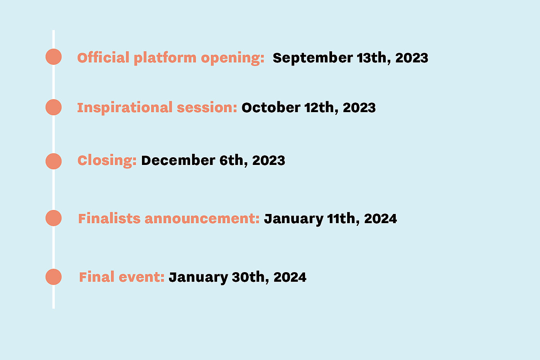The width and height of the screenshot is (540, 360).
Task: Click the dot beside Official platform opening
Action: click(x=54, y=57)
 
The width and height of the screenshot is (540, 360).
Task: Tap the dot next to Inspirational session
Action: click(x=54, y=107)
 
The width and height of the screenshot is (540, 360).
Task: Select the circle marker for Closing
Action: click(x=54, y=161)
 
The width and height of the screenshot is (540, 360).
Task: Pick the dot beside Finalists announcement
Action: click(x=54, y=218)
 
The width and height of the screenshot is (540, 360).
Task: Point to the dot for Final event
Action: click(x=54, y=277)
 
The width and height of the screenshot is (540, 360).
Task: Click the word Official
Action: click(x=103, y=57)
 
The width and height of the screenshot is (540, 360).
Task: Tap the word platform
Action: click(x=165, y=58)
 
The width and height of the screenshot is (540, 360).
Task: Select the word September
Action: click(x=313, y=58)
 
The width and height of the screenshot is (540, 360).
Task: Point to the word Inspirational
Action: click(x=125, y=108)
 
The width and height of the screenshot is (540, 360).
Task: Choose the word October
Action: click(x=271, y=108)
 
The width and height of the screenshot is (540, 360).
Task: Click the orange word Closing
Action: click(x=107, y=161)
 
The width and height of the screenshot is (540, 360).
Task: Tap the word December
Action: click(x=178, y=160)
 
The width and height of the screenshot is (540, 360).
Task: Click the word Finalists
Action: click(x=109, y=219)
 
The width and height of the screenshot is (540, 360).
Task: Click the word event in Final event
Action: click(x=142, y=277)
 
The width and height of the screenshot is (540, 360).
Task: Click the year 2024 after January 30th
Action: click(x=290, y=277)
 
